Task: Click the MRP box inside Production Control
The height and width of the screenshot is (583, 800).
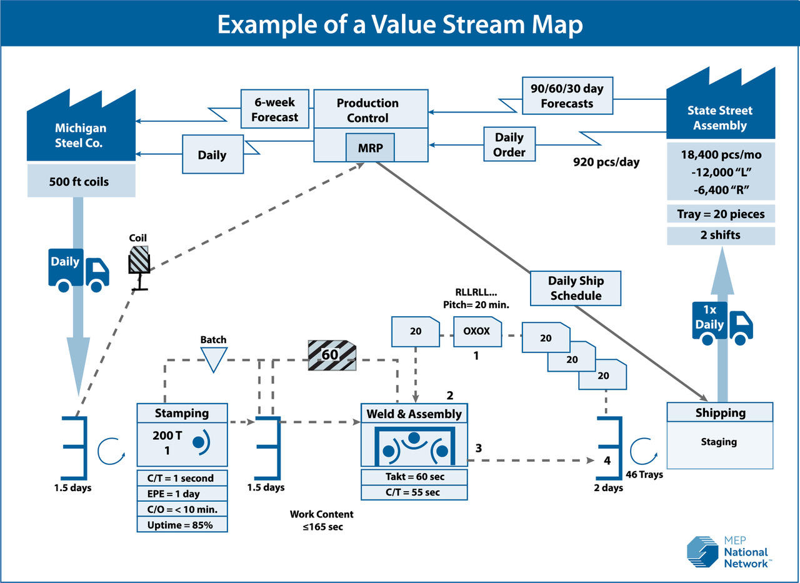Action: click(x=370, y=149)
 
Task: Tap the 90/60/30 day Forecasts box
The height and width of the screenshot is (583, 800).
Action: click(x=567, y=95)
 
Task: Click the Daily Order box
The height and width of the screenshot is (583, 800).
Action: click(x=509, y=144)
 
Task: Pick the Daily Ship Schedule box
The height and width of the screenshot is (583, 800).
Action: click(x=576, y=287)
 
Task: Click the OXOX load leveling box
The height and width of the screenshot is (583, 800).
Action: click(x=477, y=331)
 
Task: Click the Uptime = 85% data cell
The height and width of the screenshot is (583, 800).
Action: click(x=182, y=525)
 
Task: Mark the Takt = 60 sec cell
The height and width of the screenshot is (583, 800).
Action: click(x=414, y=477)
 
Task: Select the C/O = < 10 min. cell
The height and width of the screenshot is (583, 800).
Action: click(x=182, y=509)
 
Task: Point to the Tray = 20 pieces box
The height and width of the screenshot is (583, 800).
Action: click(x=721, y=214)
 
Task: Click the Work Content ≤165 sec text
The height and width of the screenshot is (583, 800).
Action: click(x=321, y=520)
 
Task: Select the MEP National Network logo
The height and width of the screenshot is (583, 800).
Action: click(x=727, y=552)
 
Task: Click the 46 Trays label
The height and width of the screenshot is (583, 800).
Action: click(x=644, y=474)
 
